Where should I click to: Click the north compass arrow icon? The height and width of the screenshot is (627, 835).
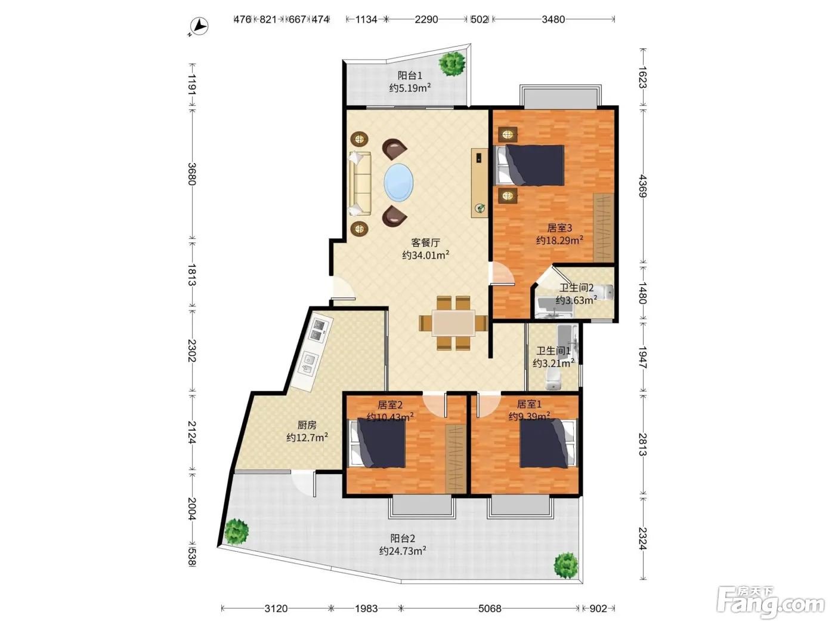199,27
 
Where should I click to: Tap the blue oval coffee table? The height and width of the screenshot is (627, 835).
398,182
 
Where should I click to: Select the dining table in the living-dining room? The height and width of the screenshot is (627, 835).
453,323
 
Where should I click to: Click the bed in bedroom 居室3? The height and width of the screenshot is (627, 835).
529,165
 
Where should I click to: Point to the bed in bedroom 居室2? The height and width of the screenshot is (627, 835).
378,442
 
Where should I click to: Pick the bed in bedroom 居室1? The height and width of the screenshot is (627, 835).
548,442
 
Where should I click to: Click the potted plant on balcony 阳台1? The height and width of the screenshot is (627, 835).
452,63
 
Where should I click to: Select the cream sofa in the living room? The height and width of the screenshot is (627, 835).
360,184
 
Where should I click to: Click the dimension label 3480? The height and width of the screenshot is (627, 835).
553,20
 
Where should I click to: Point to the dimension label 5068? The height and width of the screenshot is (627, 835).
490,608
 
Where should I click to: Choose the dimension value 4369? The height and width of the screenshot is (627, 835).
642,186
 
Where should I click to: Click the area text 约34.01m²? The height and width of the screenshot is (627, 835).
426,255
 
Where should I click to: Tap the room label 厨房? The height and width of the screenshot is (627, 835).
307,425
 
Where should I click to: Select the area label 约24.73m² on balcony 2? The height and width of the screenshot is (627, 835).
403,551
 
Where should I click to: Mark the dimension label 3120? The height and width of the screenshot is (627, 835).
276,608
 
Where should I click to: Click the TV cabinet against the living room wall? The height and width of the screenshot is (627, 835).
480,183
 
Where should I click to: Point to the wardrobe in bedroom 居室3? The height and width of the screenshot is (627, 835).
604,228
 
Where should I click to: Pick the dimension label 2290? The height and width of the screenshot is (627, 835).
426,20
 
